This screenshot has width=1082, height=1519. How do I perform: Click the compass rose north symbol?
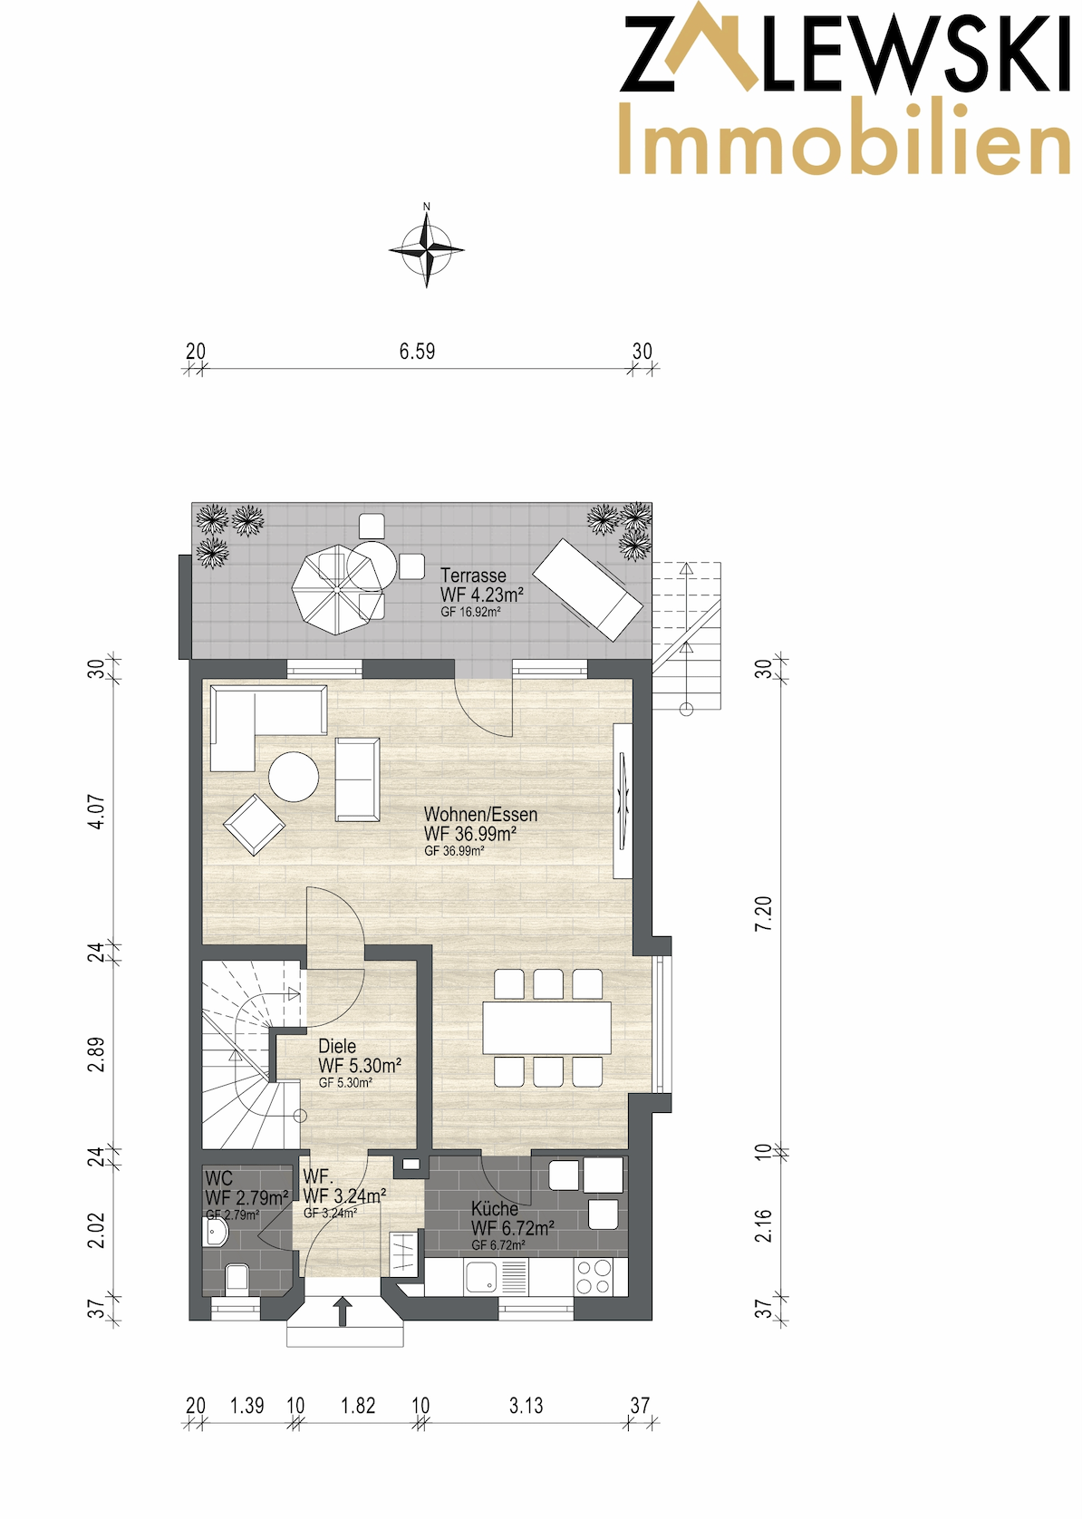(427, 248)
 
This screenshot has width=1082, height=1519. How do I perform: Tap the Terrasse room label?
(473, 576)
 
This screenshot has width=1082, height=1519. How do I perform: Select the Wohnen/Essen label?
(480, 815)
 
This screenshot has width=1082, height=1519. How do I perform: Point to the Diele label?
(337, 1048)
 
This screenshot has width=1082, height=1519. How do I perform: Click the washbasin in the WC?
(216, 1232)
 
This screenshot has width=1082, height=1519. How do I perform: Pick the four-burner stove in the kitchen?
(592, 1276)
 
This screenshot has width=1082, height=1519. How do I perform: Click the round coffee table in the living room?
(294, 777)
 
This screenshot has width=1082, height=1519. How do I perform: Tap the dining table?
(547, 1028)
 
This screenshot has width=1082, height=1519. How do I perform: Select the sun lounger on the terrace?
(588, 589)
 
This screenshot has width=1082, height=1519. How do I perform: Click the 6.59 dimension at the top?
(417, 352)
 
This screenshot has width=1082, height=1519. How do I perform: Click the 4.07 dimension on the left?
(99, 812)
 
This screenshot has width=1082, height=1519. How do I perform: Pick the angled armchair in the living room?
(255, 825)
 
